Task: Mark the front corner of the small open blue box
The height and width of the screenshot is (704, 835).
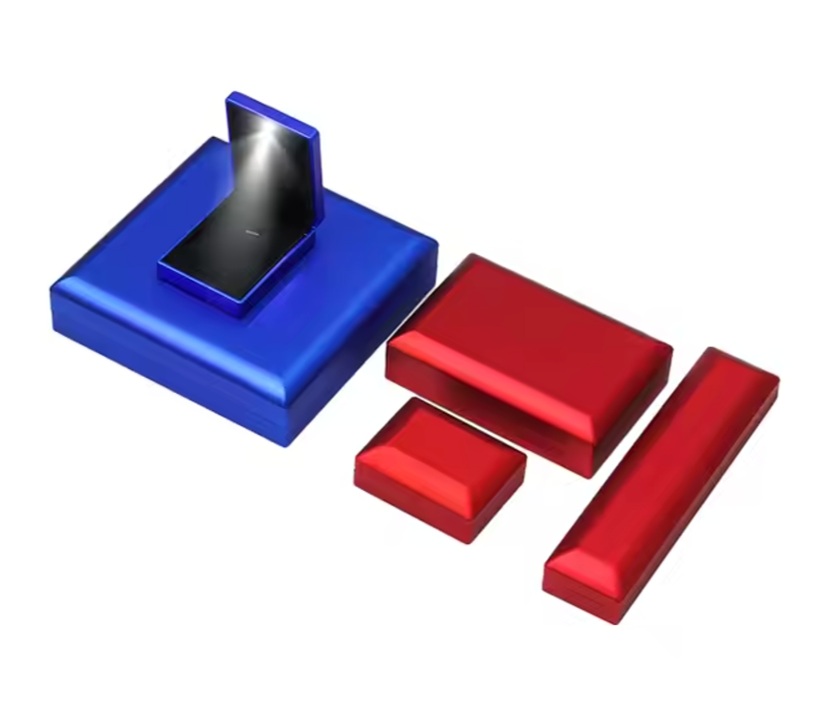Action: click(238, 312)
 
